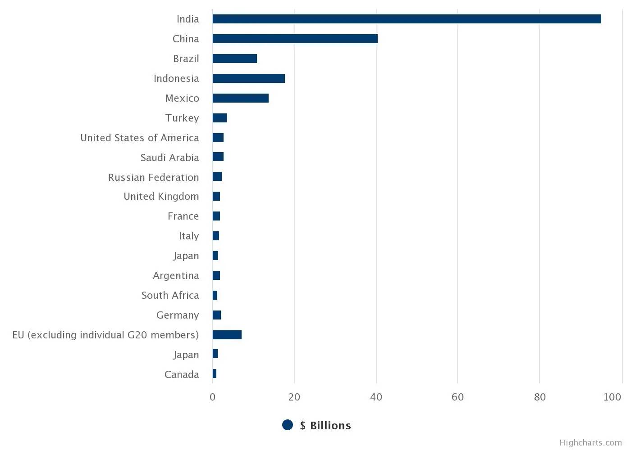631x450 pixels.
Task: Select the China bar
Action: click(x=295, y=39)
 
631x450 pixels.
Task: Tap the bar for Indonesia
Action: click(x=248, y=78)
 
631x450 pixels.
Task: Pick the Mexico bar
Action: click(x=240, y=98)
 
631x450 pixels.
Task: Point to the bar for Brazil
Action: click(x=234, y=58)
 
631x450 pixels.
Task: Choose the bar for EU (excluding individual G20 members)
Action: click(x=227, y=335)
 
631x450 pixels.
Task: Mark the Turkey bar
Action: click(x=219, y=118)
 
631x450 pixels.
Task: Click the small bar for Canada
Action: click(x=215, y=374)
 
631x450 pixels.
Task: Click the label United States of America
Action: click(x=140, y=138)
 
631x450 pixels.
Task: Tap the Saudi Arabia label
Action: click(x=169, y=157)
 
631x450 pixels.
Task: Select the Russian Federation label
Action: click(x=153, y=177)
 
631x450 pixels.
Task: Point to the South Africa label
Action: click(x=170, y=295)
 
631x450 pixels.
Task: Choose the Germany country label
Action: click(x=178, y=315)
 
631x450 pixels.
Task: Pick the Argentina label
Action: click(x=176, y=275)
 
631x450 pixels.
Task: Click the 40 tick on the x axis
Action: click(x=376, y=397)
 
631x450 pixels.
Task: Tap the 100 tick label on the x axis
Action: click(x=612, y=397)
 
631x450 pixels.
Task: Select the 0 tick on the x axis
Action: click(x=212, y=397)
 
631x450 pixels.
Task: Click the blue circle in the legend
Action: click(x=288, y=425)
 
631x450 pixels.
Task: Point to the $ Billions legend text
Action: click(x=325, y=425)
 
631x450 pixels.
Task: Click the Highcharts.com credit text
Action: click(x=590, y=443)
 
